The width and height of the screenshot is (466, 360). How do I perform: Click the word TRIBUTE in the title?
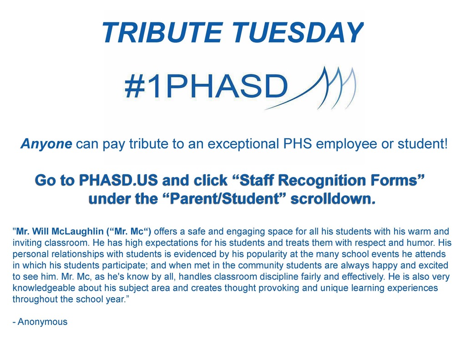(x=162, y=33)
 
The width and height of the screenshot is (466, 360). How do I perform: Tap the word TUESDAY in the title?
(x=298, y=33)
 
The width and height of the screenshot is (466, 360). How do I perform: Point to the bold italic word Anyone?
(x=46, y=144)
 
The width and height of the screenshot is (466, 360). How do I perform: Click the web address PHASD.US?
(x=118, y=180)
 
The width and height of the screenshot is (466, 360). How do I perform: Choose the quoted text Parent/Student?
(x=225, y=199)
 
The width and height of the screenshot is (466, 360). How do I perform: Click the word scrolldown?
(x=333, y=199)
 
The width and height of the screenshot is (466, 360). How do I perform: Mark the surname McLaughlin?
(x=77, y=232)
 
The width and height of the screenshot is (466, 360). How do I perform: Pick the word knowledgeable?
(x=44, y=289)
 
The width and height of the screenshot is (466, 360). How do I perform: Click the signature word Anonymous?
(x=42, y=322)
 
